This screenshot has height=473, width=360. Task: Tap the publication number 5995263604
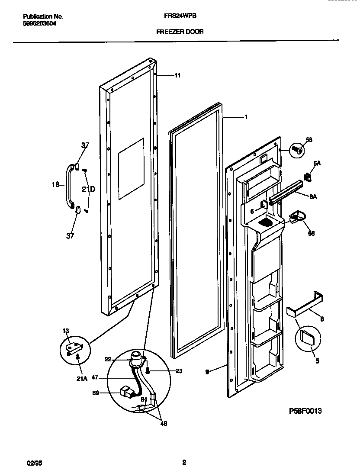(x=39, y=24)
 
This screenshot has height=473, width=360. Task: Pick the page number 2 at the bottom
(x=184, y=463)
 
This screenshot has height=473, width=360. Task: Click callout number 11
(x=177, y=75)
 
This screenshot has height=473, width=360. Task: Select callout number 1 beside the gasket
(x=246, y=116)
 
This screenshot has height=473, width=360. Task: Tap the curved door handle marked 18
(x=68, y=184)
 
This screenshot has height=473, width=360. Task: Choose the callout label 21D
(x=88, y=189)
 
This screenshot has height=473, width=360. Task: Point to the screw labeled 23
(x=148, y=370)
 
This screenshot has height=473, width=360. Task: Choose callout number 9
(x=208, y=371)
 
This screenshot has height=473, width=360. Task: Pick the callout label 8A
(x=313, y=196)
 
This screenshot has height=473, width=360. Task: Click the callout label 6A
(x=317, y=163)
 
